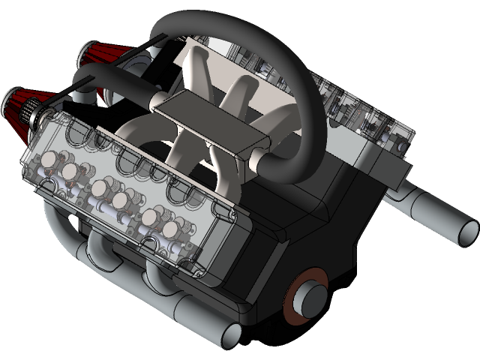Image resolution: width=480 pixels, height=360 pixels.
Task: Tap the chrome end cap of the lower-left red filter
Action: point(10,96)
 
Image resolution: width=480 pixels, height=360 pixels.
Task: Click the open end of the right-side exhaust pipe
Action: point(464,229)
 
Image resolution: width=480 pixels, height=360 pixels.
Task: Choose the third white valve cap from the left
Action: point(99,188)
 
